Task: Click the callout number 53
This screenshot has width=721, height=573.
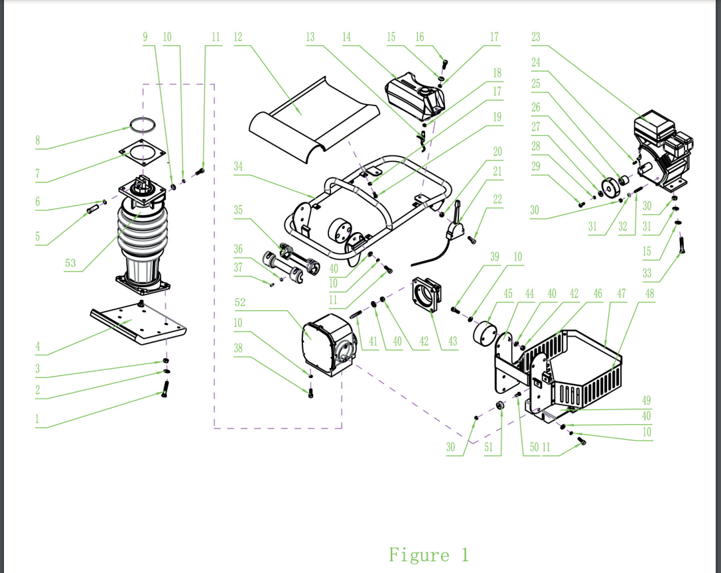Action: tap(70, 263)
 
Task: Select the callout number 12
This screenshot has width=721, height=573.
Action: tap(237, 37)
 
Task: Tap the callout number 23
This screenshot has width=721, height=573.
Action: tap(536, 37)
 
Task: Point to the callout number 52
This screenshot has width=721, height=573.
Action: tap(240, 302)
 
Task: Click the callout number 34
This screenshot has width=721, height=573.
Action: tap(237, 166)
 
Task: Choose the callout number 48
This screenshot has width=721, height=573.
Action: tap(649, 293)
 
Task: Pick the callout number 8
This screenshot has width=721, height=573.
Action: tap(38, 140)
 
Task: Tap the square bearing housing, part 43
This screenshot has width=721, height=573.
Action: tap(426, 294)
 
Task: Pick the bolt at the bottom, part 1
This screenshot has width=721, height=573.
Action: tap(164, 389)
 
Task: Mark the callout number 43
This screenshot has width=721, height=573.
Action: tap(452, 342)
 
